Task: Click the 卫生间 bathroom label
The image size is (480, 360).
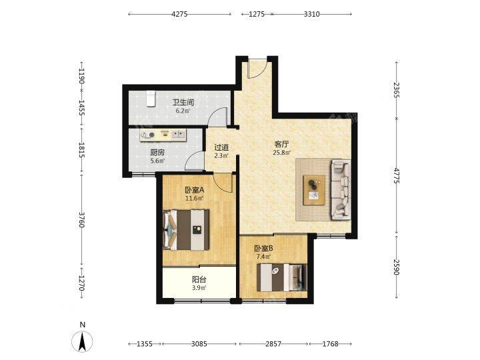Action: coord(183,102)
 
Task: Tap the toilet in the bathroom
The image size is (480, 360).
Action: coord(150,99)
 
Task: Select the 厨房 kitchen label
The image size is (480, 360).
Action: coord(157,152)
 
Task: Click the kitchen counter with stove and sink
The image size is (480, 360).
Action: coord(163,135)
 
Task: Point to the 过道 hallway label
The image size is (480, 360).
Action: coord(221,147)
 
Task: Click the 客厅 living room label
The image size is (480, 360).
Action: coord(281,144)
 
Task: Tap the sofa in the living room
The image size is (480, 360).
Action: coord(341,189)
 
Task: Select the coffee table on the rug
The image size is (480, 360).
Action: coord(314,190)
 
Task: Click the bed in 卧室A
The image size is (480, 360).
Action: coord(186,229)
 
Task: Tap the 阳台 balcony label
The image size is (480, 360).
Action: coord(199,279)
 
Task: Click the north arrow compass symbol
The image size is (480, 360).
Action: coord(82,341)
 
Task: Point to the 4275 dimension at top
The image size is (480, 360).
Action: coord(179,14)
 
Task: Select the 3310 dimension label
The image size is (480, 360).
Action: coord(311,14)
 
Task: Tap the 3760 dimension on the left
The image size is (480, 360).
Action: coord(81,219)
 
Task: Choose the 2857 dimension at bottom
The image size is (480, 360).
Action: coord(273,344)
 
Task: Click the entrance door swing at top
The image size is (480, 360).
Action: coord(257,68)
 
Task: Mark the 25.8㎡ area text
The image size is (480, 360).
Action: coord(281,152)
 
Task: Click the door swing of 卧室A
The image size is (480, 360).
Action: coord(223,183)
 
